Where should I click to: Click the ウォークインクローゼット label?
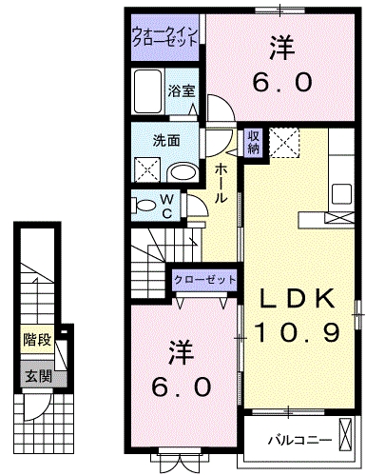point(164,38)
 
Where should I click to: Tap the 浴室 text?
point(182,91)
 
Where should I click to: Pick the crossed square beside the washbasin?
point(146,169)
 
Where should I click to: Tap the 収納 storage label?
point(254,141)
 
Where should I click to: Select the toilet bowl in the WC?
point(145,203)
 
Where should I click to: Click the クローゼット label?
point(204,280)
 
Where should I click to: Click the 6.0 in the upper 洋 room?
point(281,82)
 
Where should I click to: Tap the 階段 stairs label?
point(37,337)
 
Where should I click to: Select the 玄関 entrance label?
point(37,375)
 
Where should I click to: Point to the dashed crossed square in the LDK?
point(283,142)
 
